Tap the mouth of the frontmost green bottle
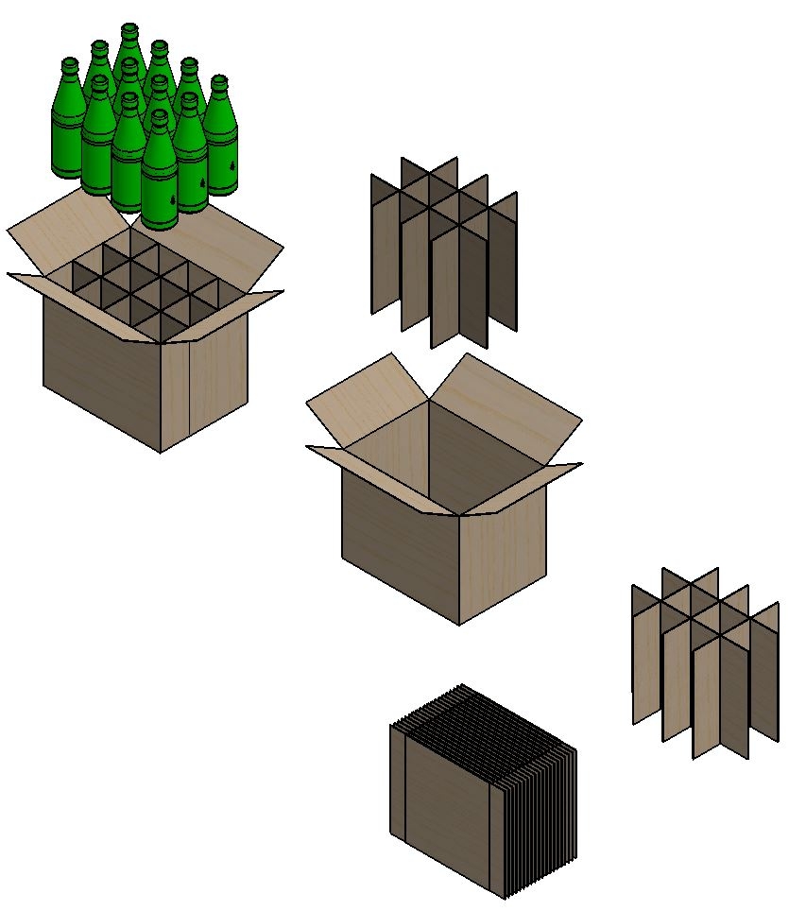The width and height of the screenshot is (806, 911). point(159,116)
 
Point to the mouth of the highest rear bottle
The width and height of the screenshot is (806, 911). point(129,29)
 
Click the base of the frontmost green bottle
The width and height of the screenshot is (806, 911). point(160,221)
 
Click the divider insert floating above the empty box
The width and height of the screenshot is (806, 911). point(444,250)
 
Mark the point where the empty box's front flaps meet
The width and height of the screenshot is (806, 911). point(459,515)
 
